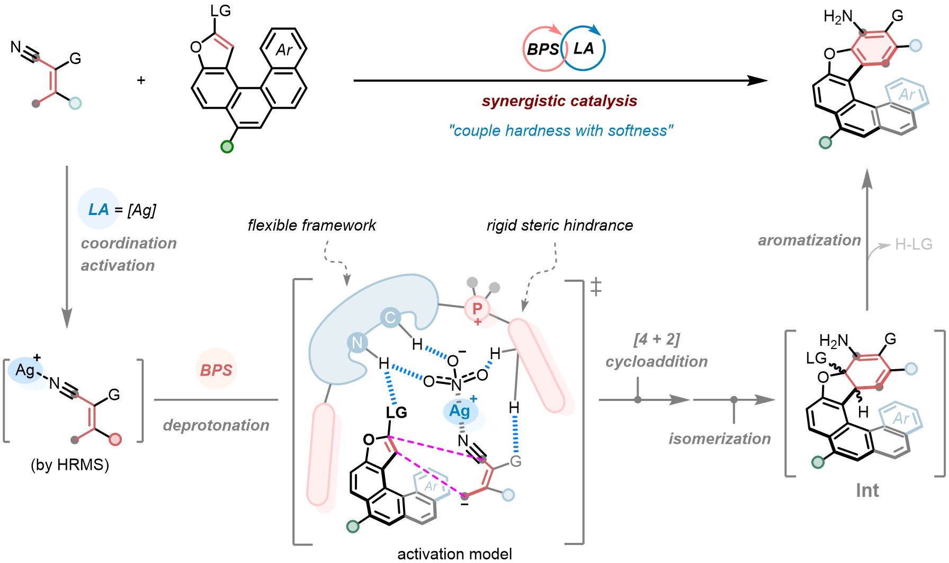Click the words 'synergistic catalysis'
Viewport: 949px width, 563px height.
[559, 101]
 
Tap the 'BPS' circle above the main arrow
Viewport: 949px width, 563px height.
[542, 49]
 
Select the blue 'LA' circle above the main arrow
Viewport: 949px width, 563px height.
[584, 49]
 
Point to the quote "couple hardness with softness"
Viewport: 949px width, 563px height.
[561, 130]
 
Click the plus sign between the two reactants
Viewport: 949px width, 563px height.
[141, 81]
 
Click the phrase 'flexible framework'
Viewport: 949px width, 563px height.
[311, 226]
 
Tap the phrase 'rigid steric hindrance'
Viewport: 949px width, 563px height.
[559, 226]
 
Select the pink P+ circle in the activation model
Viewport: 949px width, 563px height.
[477, 309]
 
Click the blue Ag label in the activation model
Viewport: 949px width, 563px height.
[460, 411]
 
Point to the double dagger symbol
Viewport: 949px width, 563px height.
[596, 287]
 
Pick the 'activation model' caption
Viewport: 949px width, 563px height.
[454, 553]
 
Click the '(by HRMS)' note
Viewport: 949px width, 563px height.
[70, 464]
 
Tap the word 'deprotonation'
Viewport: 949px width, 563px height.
[216, 425]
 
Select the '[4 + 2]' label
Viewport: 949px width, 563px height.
[657, 339]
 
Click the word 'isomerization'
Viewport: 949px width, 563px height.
[720, 439]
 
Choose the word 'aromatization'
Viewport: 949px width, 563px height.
[809, 240]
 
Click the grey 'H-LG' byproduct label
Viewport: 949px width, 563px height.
[914, 244]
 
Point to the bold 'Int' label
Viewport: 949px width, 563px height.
[867, 490]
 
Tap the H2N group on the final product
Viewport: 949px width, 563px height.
[838, 17]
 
